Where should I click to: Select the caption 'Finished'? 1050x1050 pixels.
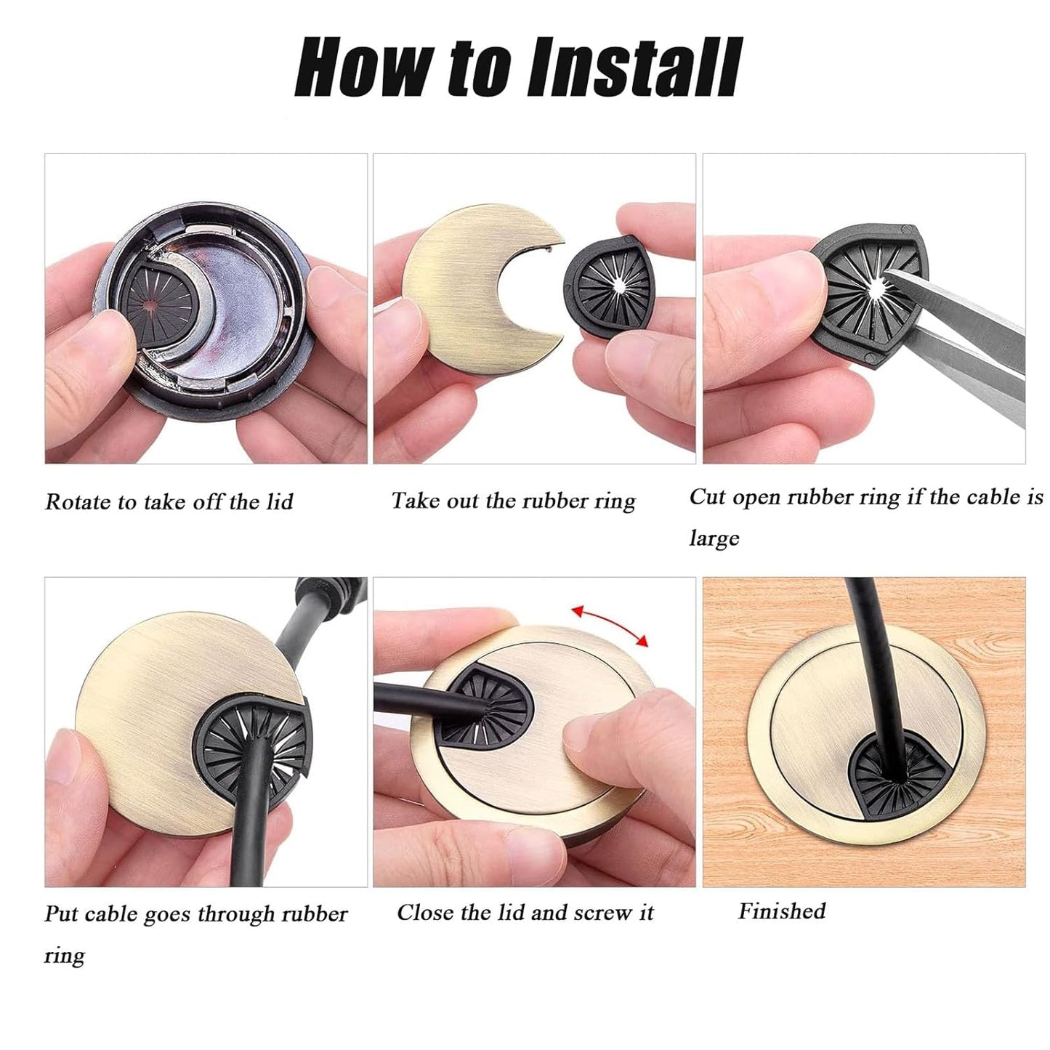(x=782, y=911)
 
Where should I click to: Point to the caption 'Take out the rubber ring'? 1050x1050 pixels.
(x=513, y=501)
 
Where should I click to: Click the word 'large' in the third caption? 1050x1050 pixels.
(x=714, y=538)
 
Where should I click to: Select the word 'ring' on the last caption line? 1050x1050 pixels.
(x=64, y=956)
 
